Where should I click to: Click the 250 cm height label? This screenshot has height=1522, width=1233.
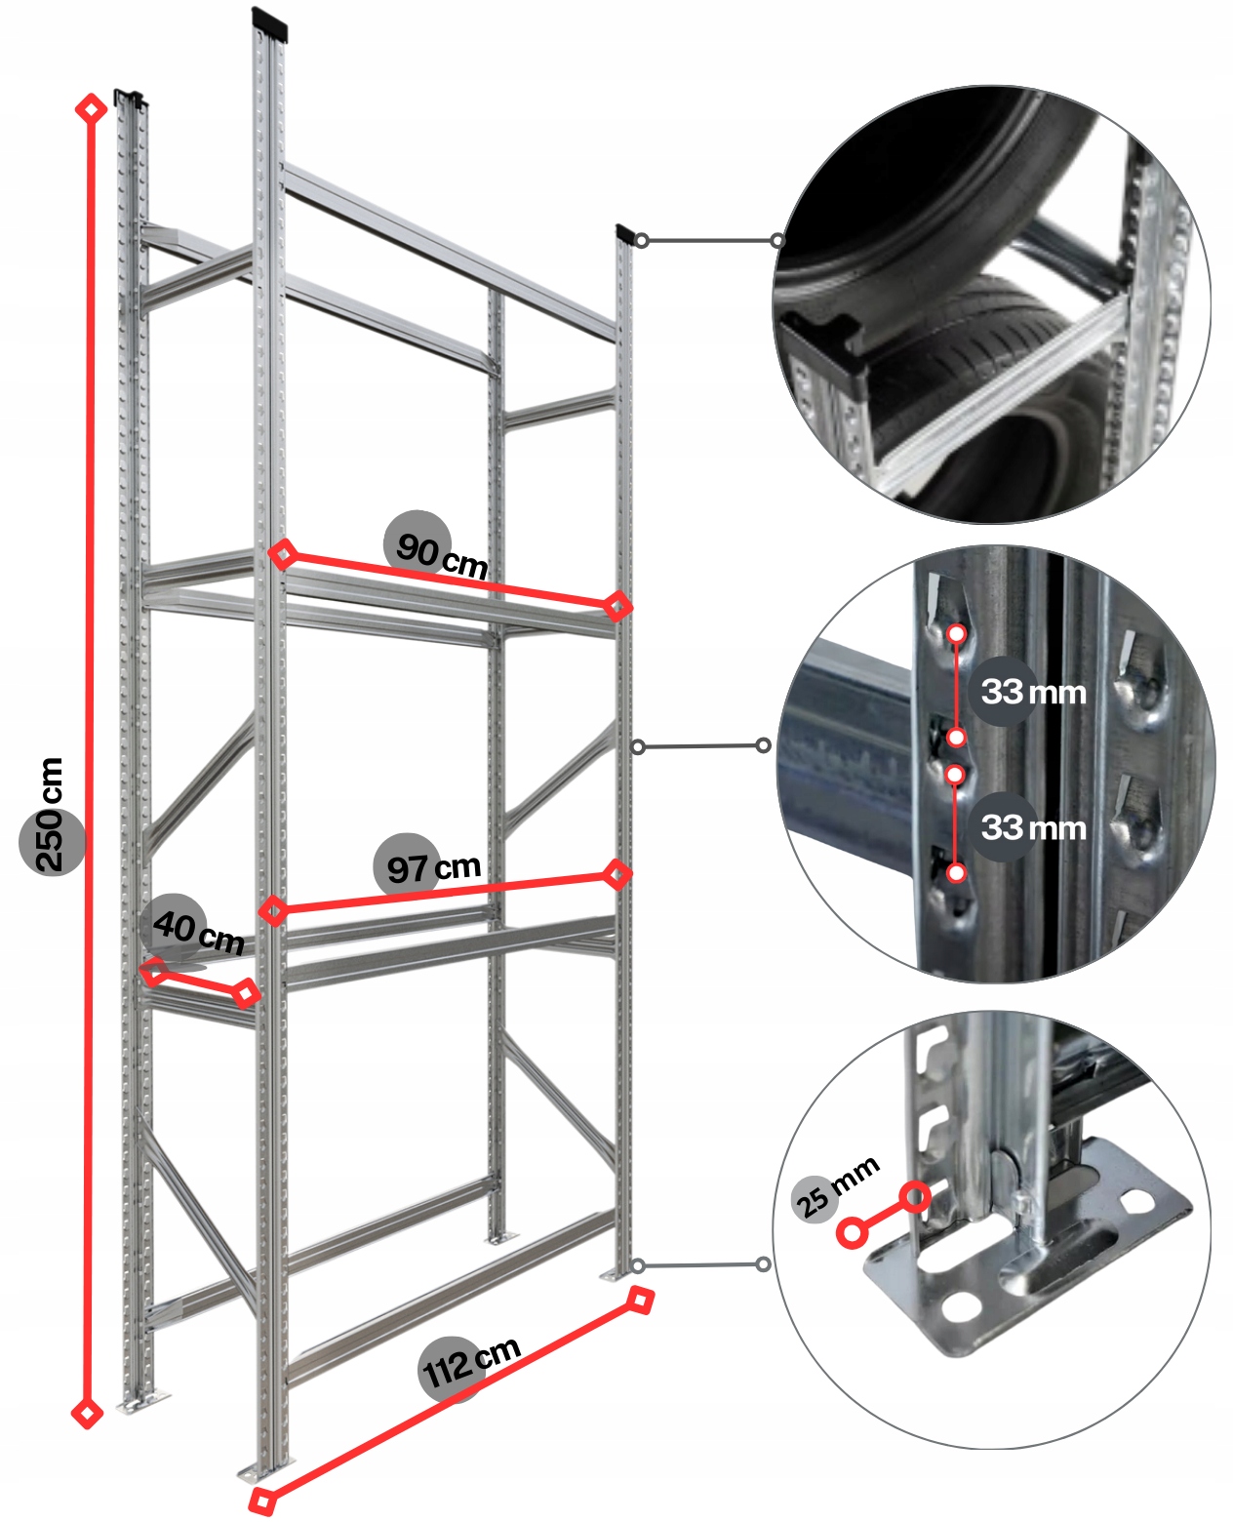pyautogui.click(x=50, y=815)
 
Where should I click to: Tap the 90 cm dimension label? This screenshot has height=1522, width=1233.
pyautogui.click(x=438, y=552)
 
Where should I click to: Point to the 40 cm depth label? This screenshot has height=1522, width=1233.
pyautogui.click(x=195, y=928)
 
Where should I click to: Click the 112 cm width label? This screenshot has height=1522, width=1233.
pyautogui.click(x=468, y=1362)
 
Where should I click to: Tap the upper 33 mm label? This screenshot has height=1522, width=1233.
pyautogui.click(x=1032, y=693)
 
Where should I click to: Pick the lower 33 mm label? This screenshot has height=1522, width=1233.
pyautogui.click(x=1032, y=828)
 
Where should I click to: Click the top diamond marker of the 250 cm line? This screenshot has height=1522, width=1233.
pyautogui.click(x=91, y=108)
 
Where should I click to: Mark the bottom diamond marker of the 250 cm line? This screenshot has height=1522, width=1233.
pyautogui.click(x=87, y=1412)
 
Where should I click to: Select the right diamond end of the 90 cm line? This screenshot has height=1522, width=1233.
pyautogui.click(x=616, y=606)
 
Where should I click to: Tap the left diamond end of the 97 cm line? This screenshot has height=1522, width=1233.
pyautogui.click(x=274, y=910)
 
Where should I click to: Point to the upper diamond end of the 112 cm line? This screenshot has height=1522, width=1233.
pyautogui.click(x=639, y=1300)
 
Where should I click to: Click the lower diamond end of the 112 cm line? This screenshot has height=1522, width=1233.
pyautogui.click(x=261, y=1501)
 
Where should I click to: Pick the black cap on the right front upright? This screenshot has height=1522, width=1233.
pyautogui.click(x=624, y=234)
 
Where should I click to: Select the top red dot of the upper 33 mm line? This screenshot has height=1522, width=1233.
pyautogui.click(x=957, y=634)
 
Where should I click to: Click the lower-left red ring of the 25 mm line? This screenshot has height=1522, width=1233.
pyautogui.click(x=853, y=1233)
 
